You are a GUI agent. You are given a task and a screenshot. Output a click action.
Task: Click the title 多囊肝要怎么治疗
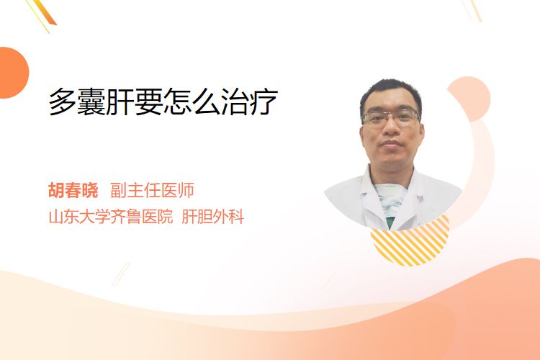click(x=163, y=102)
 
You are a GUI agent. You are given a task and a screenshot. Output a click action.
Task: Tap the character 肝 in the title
click(x=120, y=102)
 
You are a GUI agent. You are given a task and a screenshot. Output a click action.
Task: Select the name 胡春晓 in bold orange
click(x=73, y=190)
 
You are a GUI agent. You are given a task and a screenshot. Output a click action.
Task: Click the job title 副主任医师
click(x=152, y=190)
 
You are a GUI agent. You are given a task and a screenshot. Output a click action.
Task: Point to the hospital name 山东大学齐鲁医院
click(x=111, y=217)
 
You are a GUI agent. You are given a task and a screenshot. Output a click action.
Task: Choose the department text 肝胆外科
click(x=212, y=217)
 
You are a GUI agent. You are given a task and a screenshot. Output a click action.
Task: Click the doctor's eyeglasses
click(x=391, y=116)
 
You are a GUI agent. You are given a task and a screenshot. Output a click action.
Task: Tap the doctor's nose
click(x=391, y=127)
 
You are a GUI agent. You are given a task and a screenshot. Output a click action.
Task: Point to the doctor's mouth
click(x=391, y=143)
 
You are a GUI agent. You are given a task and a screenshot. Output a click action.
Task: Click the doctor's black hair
click(x=390, y=93)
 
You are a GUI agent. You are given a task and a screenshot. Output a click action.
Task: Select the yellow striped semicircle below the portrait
click(x=410, y=241)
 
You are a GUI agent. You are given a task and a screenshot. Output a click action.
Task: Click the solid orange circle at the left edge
click(x=13, y=73)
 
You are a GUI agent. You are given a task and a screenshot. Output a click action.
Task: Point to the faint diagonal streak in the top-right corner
click(x=472, y=10)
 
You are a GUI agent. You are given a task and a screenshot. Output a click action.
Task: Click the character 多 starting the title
click(x=63, y=102)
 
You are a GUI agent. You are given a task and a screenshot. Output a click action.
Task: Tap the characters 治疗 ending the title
click(x=249, y=102)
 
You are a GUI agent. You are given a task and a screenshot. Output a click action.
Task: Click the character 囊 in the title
click(x=91, y=102)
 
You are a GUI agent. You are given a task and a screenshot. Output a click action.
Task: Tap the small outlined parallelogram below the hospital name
click(x=121, y=274)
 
